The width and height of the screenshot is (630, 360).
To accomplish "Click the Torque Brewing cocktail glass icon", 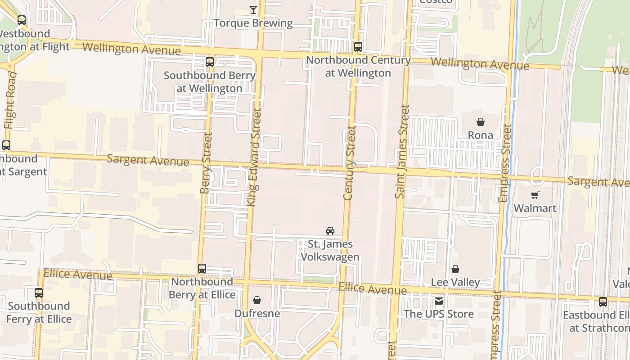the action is click(x=253, y=9).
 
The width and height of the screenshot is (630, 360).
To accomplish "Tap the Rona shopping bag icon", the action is click(x=481, y=121).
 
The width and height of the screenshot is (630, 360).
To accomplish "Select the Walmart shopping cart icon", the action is click(x=535, y=195).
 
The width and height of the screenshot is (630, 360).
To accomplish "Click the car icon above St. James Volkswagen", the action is click(x=330, y=230).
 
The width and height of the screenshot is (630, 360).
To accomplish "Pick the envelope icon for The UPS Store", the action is click(x=439, y=301).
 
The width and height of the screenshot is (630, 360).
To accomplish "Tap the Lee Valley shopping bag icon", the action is click(x=455, y=269).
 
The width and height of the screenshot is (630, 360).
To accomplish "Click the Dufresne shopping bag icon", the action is click(x=257, y=300).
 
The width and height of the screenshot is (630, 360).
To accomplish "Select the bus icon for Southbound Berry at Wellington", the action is click(x=210, y=62).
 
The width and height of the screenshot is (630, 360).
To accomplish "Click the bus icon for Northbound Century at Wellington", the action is click(x=358, y=46).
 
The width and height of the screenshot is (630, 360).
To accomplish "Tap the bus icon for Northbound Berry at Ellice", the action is click(x=202, y=268).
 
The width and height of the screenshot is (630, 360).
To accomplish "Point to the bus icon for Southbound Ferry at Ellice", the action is click(x=39, y=292).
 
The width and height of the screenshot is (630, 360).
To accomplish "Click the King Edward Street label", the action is click(x=254, y=157).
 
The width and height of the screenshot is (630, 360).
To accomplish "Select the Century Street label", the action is click(x=349, y=163).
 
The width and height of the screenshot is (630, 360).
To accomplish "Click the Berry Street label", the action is click(x=206, y=163).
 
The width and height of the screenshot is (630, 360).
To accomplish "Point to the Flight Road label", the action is click(x=10, y=100).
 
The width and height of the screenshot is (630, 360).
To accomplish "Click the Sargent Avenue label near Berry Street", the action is click(x=148, y=160).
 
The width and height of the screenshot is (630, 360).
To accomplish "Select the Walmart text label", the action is click(x=535, y=208).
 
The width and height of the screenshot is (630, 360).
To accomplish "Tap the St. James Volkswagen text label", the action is click(x=330, y=251).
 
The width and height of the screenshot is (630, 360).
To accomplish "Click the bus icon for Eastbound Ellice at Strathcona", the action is click(x=603, y=301).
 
